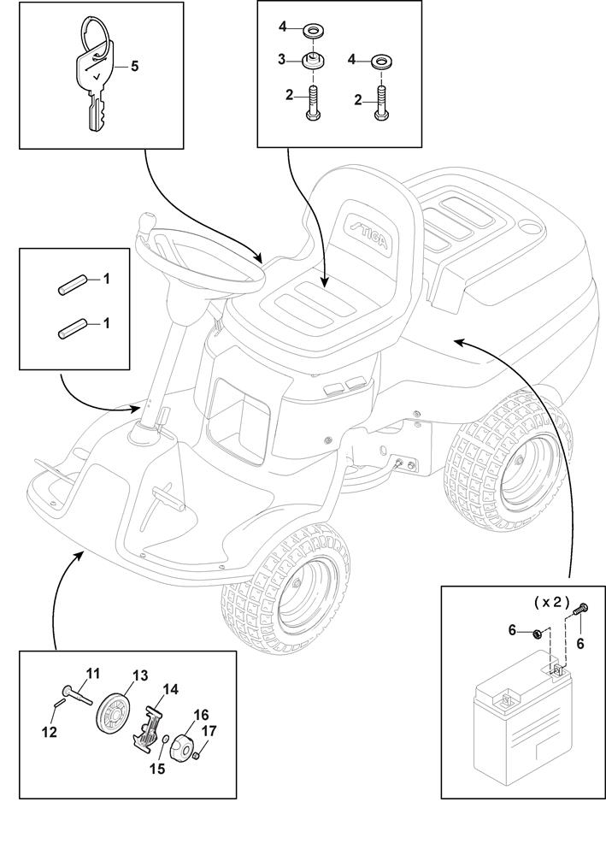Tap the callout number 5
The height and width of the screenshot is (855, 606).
pos(134,66)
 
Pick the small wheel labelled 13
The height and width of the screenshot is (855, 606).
pos(111,711)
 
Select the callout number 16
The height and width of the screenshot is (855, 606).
pos(201,714)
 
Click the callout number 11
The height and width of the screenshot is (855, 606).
pos(93,672)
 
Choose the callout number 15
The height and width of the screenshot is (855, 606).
pos(157,745)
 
